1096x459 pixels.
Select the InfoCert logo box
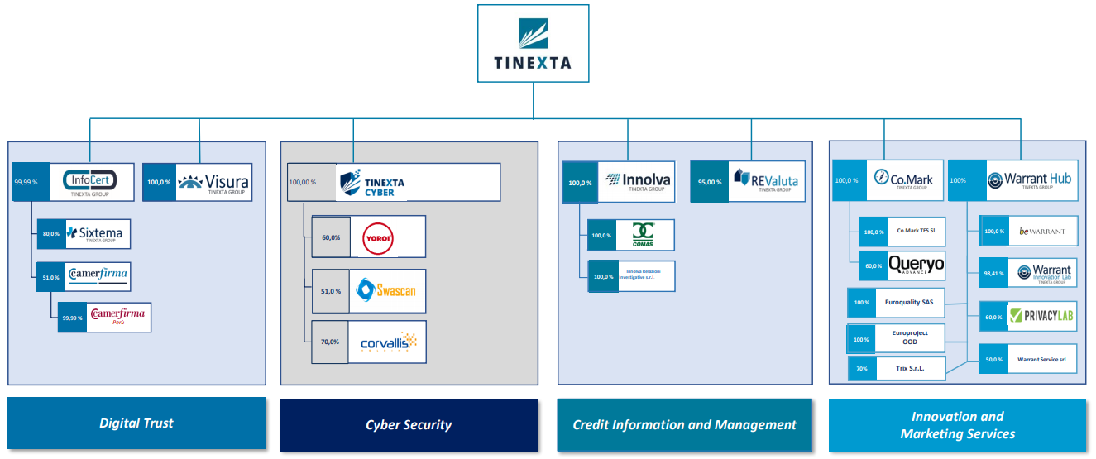[90, 182]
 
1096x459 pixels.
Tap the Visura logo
[213, 182]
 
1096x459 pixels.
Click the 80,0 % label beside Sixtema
[50, 234]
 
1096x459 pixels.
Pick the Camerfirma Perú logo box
[117, 318]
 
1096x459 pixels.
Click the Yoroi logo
[386, 237]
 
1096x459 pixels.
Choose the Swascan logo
[386, 290]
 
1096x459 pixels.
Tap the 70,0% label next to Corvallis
[330, 342]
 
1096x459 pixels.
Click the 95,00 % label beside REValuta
[708, 182]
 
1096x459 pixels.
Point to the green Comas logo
[643, 235]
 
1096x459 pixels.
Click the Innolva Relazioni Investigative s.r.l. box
[645, 276]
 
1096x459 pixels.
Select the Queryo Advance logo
[915, 265]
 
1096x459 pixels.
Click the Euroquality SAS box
[908, 303]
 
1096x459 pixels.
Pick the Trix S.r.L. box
[907, 368]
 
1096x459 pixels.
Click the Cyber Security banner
[409, 425]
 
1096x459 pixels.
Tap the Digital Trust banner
[136, 423]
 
